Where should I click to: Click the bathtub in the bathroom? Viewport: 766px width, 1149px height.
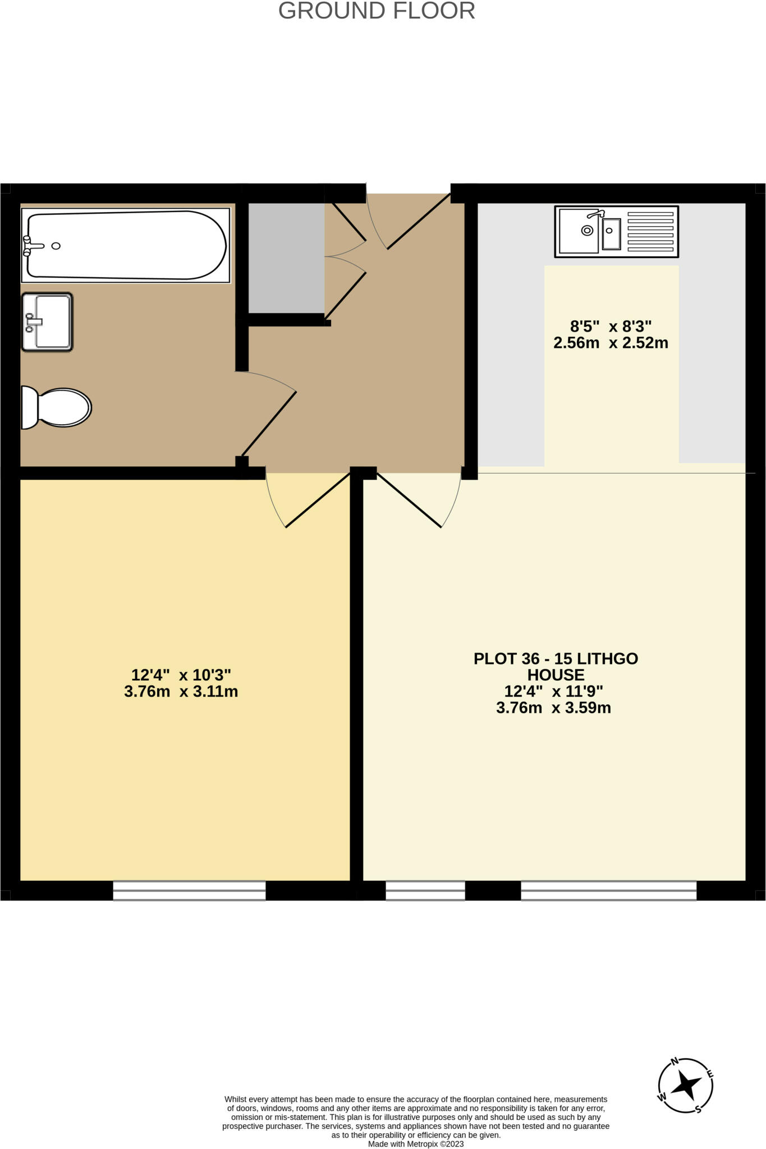pos(126,245)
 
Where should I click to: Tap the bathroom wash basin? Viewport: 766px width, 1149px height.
pos(47,322)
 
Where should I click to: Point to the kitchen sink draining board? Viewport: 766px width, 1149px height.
pos(650,231)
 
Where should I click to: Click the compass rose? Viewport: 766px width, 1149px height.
pos(685,1086)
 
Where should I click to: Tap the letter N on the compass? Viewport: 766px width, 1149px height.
pos(675,1061)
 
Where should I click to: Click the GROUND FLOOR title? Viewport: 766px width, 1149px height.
pos(377,11)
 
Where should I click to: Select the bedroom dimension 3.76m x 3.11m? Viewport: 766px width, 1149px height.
pos(181,691)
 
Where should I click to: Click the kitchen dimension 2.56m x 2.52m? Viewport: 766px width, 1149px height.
pos(611,343)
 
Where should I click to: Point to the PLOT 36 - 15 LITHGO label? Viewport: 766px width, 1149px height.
pos(556,659)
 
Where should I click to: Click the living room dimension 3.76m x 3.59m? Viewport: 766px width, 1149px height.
pos(553,708)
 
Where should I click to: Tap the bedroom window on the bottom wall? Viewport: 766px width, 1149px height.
pos(189,890)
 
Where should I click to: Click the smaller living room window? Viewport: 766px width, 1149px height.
pos(425,890)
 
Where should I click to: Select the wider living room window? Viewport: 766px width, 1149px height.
pos(608,890)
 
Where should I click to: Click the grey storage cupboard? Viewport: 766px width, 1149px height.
pos(286,258)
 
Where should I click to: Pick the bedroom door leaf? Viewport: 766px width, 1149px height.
pos(318,500)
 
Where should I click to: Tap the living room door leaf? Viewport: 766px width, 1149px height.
pos(409,500)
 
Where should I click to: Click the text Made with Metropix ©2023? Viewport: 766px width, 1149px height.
pos(416,1144)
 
